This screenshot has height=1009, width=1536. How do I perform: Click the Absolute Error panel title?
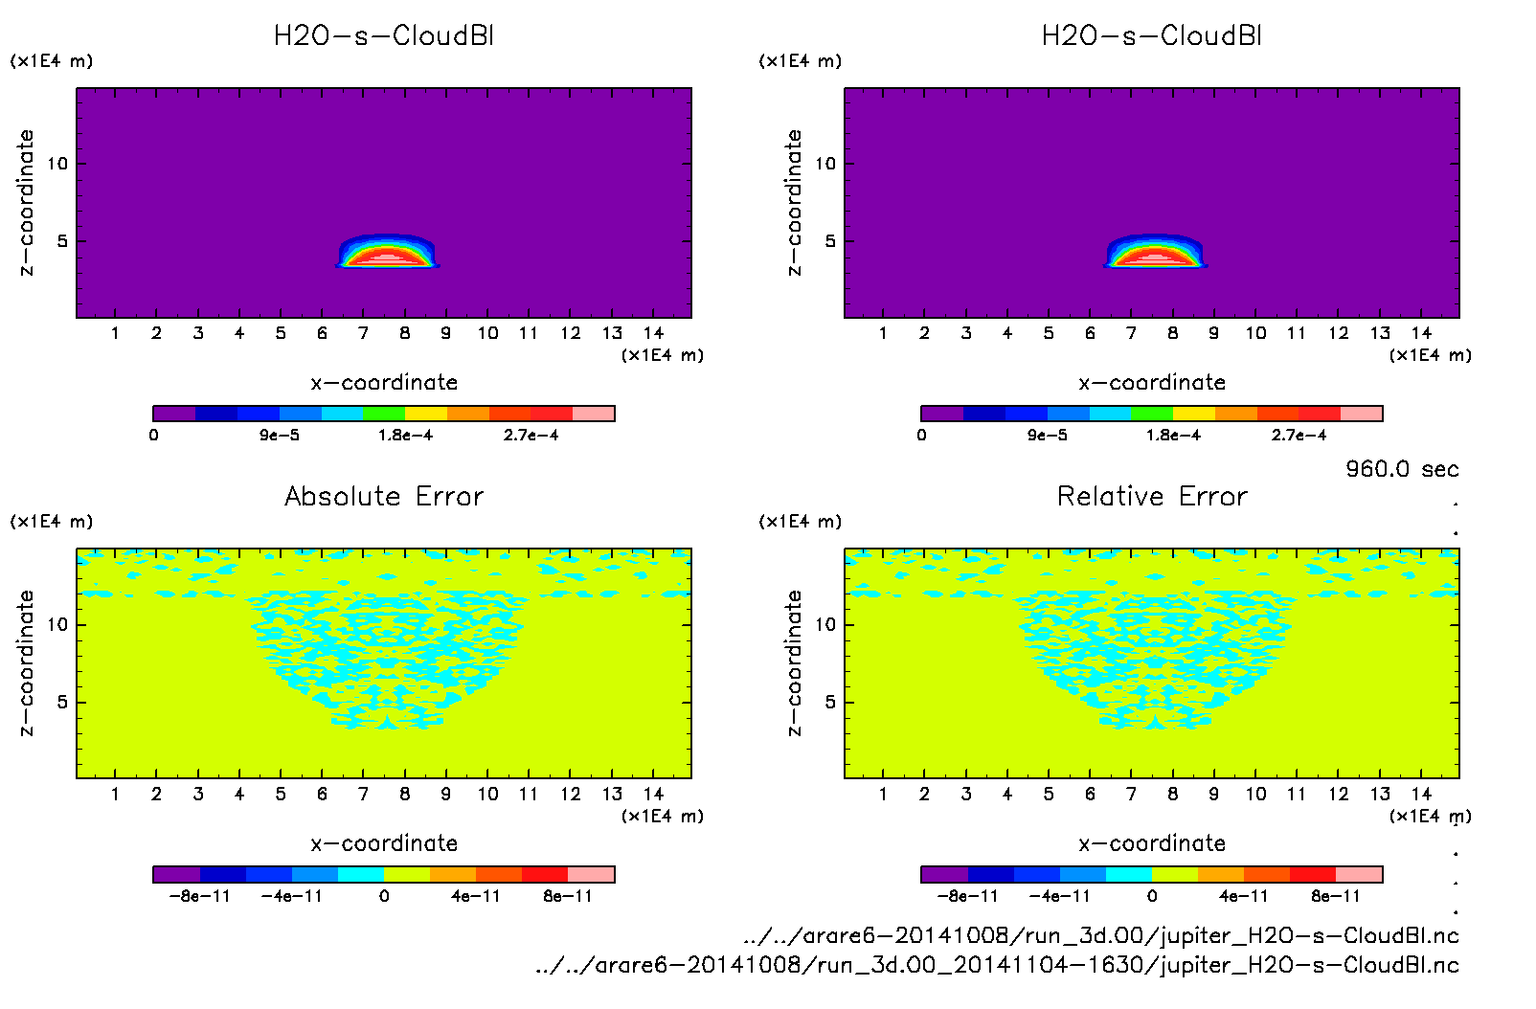[x=384, y=496]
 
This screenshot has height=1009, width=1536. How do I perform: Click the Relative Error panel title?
[x=1152, y=496]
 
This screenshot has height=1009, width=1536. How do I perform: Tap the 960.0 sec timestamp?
[x=1402, y=469]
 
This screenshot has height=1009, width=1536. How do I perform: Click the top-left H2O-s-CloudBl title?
[x=384, y=36]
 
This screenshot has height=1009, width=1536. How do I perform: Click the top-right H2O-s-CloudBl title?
[x=1152, y=36]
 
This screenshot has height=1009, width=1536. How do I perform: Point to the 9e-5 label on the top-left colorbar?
[x=279, y=436]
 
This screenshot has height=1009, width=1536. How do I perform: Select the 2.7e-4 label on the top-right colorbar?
[x=1299, y=436]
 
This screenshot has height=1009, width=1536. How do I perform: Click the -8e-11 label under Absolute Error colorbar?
[x=199, y=897]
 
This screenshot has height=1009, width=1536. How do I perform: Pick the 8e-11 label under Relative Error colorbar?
[x=1335, y=897]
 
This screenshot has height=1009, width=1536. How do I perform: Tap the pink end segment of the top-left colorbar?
[x=594, y=414]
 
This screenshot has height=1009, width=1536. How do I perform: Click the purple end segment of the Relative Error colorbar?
[x=944, y=874]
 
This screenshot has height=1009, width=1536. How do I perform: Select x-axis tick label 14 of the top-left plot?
[x=653, y=334]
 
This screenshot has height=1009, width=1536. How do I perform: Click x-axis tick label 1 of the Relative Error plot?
[x=883, y=795]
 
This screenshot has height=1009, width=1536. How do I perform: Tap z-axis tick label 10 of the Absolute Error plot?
[x=57, y=625]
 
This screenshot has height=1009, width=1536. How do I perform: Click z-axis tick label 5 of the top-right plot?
[x=830, y=241]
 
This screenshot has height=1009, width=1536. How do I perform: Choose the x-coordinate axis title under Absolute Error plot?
[x=384, y=843]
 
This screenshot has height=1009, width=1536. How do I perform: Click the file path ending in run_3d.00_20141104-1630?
[x=997, y=965]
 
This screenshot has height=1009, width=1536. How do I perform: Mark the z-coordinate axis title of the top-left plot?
[x=27, y=203]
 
